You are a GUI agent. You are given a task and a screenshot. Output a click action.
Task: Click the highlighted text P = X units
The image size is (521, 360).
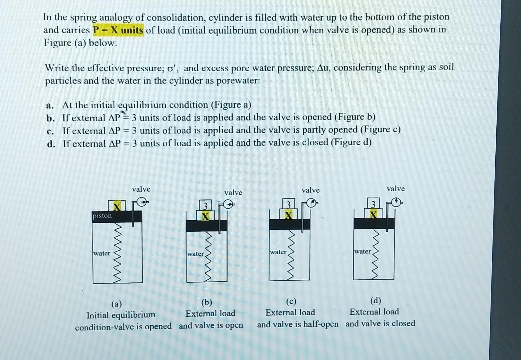(118, 30)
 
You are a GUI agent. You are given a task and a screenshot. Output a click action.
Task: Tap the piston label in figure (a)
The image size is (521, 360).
(102, 216)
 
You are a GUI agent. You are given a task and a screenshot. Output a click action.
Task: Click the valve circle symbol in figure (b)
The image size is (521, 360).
(228, 205)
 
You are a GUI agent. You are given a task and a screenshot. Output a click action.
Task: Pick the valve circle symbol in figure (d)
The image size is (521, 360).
(396, 202)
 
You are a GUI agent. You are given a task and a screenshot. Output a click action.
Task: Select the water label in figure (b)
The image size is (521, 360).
(195, 254)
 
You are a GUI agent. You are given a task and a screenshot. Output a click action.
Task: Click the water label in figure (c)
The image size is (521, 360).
(278, 252)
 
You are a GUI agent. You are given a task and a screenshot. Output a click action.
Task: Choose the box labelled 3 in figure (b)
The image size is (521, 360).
(206, 205)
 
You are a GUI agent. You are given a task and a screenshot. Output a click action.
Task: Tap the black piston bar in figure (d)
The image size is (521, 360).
(374, 223)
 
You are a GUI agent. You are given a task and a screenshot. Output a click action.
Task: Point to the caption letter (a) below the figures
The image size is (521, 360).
(117, 304)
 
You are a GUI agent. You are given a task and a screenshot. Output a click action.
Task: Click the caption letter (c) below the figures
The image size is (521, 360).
(291, 301)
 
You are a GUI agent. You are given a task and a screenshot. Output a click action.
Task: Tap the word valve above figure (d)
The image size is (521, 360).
(396, 189)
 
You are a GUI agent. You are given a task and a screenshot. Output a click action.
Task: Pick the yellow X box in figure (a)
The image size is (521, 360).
(117, 206)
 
